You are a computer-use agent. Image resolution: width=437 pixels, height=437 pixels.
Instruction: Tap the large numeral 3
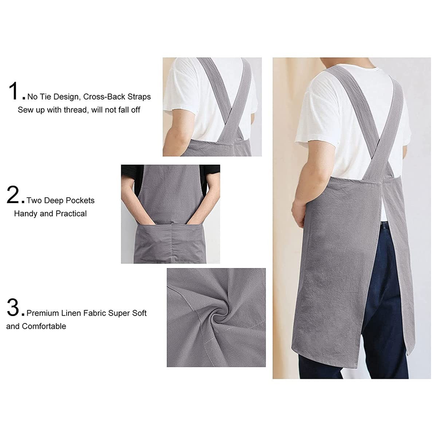click(13, 307)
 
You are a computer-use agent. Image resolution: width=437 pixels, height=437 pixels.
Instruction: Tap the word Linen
click(94, 313)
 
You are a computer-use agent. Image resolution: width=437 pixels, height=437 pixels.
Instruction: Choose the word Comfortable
click(44, 326)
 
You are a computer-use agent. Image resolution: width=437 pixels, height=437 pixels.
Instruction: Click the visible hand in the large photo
click(298, 211)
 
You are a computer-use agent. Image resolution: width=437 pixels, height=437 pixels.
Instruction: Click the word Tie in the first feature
click(44, 97)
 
